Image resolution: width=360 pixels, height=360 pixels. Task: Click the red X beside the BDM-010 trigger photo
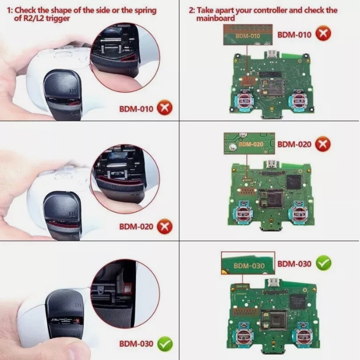(165, 108)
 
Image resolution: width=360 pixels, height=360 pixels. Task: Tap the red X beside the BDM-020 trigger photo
(165, 226)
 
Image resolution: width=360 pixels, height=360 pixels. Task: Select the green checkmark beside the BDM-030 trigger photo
(165, 344)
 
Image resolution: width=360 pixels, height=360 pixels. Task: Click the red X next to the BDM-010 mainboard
(323, 34)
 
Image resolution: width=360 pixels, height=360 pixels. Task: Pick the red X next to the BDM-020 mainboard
(323, 144)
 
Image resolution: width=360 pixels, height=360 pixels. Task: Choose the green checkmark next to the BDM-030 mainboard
(324, 263)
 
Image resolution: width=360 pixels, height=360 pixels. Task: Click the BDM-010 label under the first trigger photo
(136, 109)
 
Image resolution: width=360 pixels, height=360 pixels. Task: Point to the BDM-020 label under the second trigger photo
(136, 226)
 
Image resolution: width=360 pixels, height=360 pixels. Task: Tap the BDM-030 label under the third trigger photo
(136, 344)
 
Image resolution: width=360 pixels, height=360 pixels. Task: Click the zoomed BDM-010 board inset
(248, 35)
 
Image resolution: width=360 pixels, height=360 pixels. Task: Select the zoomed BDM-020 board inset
(249, 143)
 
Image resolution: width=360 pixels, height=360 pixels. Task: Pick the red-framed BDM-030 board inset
(248, 263)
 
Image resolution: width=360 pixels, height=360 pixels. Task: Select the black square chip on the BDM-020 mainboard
(293, 182)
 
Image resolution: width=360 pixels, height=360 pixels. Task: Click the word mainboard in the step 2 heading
(215, 18)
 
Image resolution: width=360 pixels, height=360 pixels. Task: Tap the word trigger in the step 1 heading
(57, 19)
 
